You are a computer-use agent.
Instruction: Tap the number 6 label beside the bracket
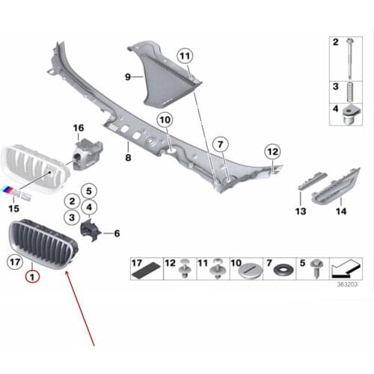[117, 233]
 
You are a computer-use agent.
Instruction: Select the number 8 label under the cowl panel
[128, 159]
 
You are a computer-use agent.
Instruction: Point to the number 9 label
[128, 76]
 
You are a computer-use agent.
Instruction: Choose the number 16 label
[79, 129]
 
